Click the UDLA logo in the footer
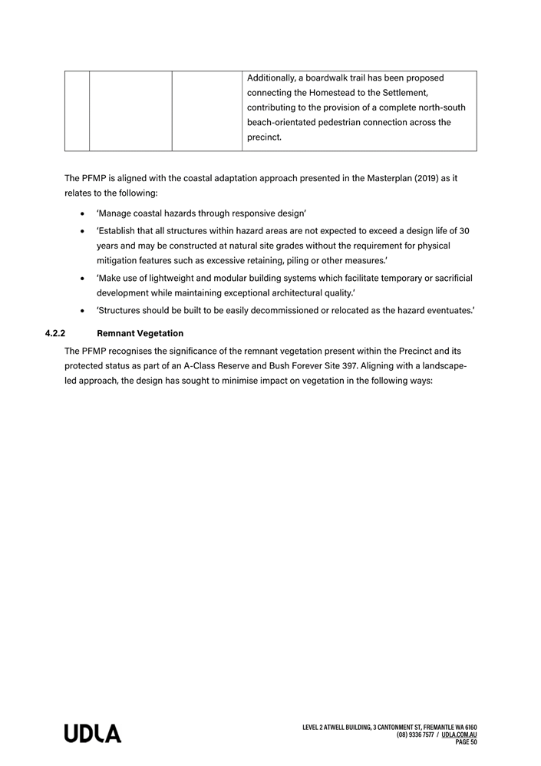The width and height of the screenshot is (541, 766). tap(92, 734)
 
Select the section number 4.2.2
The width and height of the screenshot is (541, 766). tap(56, 334)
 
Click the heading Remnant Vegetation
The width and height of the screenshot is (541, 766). tap(140, 334)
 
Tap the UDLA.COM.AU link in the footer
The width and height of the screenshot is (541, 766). tap(460, 735)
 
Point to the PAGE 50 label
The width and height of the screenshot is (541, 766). tap(467, 742)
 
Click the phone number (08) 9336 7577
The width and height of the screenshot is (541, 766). tap(415, 735)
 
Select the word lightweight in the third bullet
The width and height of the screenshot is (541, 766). tap(183, 278)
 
